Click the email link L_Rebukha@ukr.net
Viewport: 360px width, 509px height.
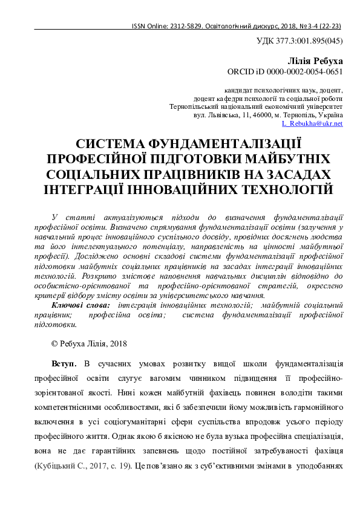312,123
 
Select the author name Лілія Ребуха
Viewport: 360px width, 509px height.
316,61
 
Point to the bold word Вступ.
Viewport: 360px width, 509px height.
64,363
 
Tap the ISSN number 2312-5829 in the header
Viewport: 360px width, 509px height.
189,27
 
